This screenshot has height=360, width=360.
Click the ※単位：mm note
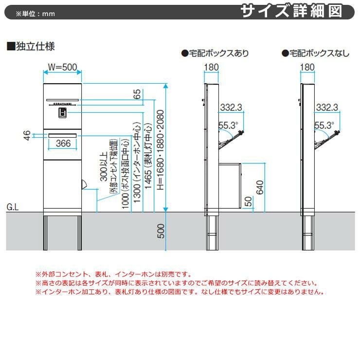pos(35,14)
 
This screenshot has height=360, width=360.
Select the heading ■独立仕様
pos(30,47)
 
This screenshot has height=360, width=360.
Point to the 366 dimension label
pos(63,143)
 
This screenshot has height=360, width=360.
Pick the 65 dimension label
pos(136,93)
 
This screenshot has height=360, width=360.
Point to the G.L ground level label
pos(13,207)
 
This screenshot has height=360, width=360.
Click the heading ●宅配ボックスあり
pos(215,53)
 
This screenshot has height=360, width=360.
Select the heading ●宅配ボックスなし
pos(316,53)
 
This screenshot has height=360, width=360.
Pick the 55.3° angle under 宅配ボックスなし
pos(324,126)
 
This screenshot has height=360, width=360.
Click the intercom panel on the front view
pos(62,113)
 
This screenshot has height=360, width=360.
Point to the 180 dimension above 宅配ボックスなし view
pos(308,66)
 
